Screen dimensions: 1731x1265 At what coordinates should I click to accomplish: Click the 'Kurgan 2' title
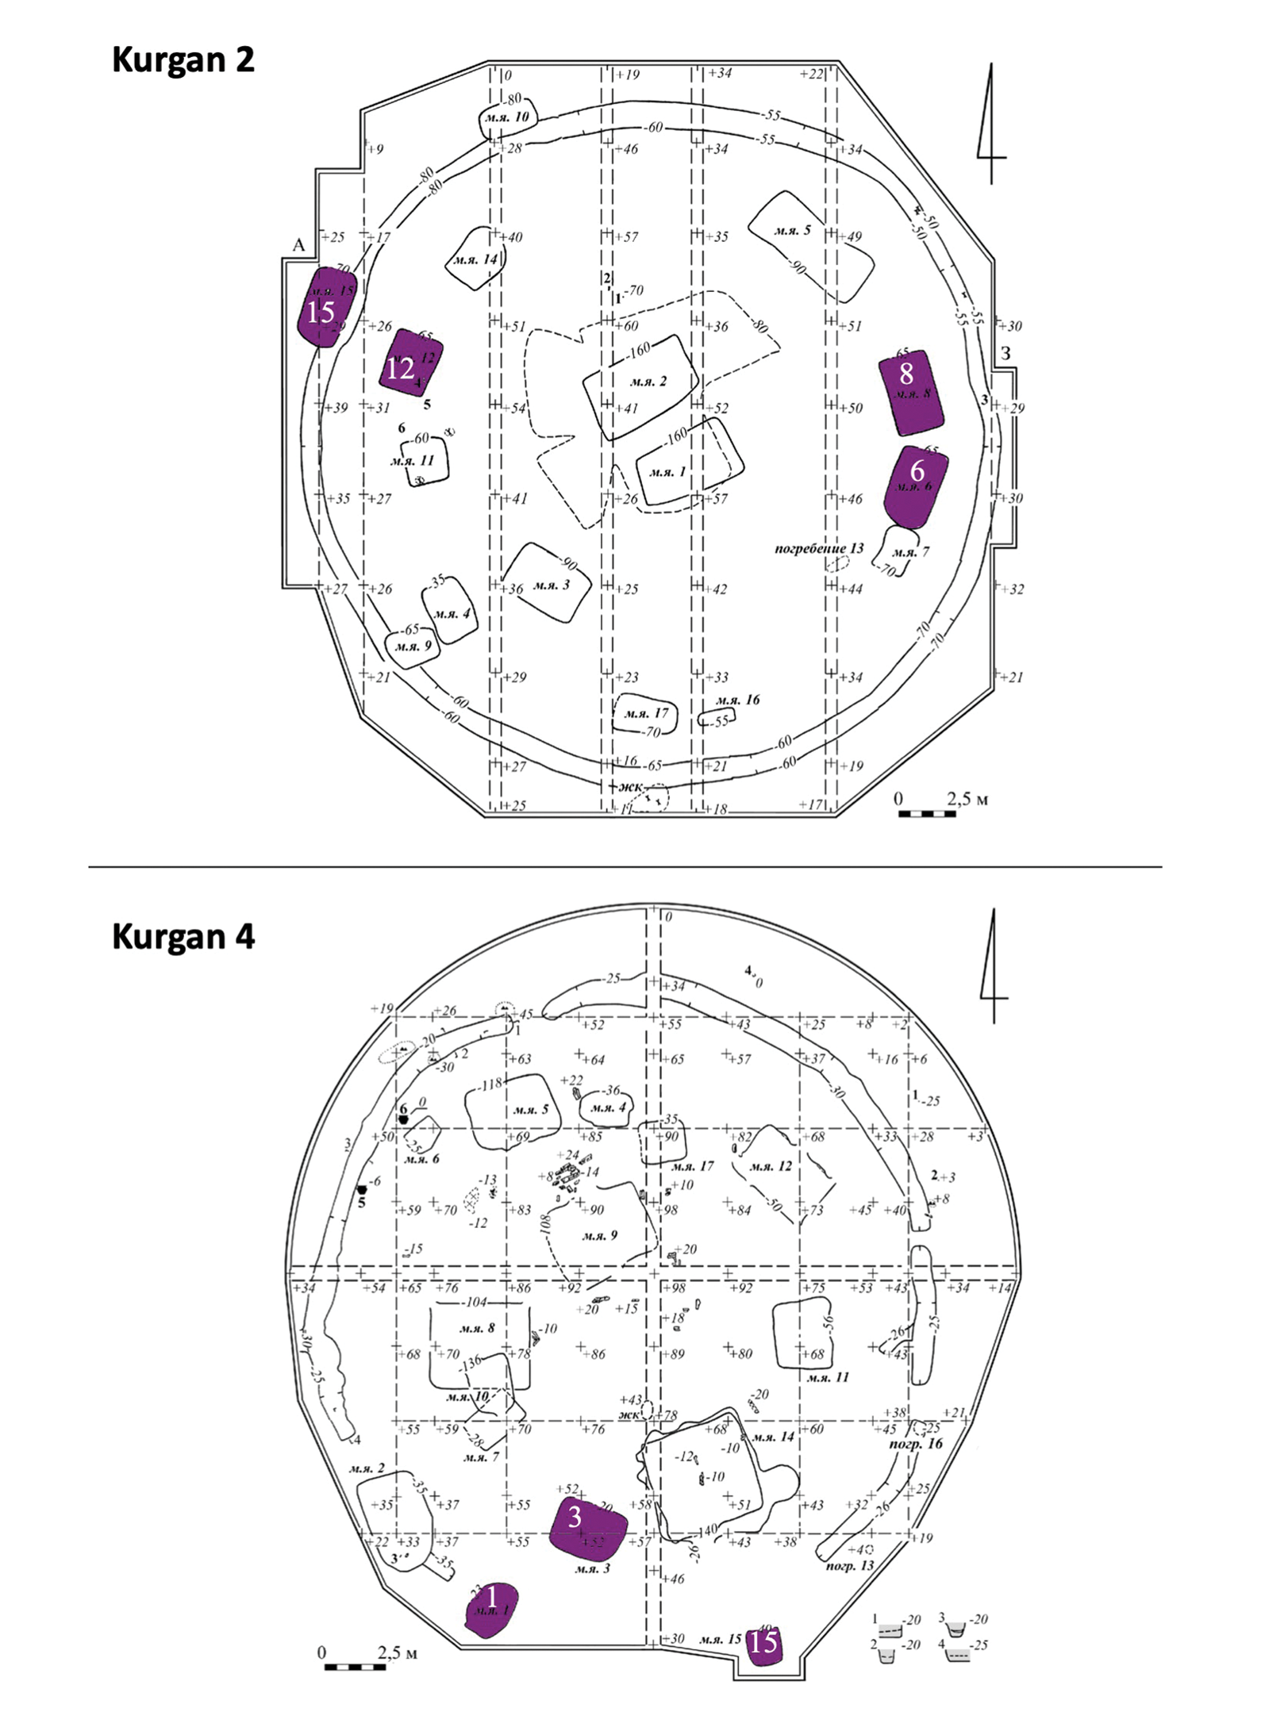pyautogui.click(x=183, y=59)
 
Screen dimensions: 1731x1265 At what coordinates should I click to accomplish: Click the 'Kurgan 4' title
pyautogui.click(x=183, y=936)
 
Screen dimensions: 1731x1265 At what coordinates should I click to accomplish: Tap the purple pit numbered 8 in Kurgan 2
pyautogui.click(x=911, y=392)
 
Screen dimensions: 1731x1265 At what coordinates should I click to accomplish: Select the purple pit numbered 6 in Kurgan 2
pyautogui.click(x=917, y=486)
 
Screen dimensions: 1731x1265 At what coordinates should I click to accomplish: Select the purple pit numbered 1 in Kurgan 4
pyautogui.click(x=491, y=1610)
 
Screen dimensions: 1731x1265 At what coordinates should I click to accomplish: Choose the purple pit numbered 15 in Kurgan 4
pyautogui.click(x=764, y=1642)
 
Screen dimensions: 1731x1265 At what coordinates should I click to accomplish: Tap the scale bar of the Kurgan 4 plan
pyautogui.click(x=355, y=1666)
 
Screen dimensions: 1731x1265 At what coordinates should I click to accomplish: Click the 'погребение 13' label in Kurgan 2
pyautogui.click(x=818, y=548)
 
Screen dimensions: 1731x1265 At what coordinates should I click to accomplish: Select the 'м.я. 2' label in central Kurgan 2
pyautogui.click(x=648, y=382)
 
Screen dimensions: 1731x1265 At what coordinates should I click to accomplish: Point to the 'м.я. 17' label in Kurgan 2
pyautogui.click(x=646, y=712)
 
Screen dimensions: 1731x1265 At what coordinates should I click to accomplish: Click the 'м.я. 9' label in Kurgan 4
pyautogui.click(x=599, y=1235)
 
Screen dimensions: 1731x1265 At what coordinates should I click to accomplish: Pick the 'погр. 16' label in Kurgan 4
pyautogui.click(x=916, y=1443)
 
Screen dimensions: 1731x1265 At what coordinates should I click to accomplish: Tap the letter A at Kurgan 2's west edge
pyautogui.click(x=298, y=245)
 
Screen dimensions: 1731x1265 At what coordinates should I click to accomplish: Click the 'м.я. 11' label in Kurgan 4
pyautogui.click(x=828, y=1377)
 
